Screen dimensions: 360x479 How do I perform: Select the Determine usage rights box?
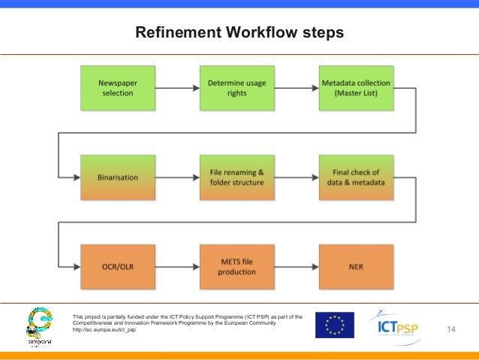click(236, 88)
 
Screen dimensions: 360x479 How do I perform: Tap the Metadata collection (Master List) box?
click(357, 88)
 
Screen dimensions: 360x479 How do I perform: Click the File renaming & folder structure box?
click(236, 177)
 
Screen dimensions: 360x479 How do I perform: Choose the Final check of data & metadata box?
click(357, 177)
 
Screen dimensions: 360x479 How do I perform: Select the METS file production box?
click(236, 267)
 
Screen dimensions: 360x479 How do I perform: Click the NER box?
click(357, 267)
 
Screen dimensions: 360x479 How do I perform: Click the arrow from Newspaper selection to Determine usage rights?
click(176, 88)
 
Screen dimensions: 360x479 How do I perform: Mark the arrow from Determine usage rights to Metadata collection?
click(297, 88)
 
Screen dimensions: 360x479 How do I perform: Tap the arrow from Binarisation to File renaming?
click(176, 177)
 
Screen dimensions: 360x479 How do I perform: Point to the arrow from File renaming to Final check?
click(297, 177)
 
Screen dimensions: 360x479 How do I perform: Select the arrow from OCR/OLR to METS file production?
click(176, 267)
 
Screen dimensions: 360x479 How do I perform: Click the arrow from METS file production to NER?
click(297, 267)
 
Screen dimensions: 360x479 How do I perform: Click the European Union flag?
click(334, 325)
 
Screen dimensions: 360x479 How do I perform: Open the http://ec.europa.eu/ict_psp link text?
click(104, 331)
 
